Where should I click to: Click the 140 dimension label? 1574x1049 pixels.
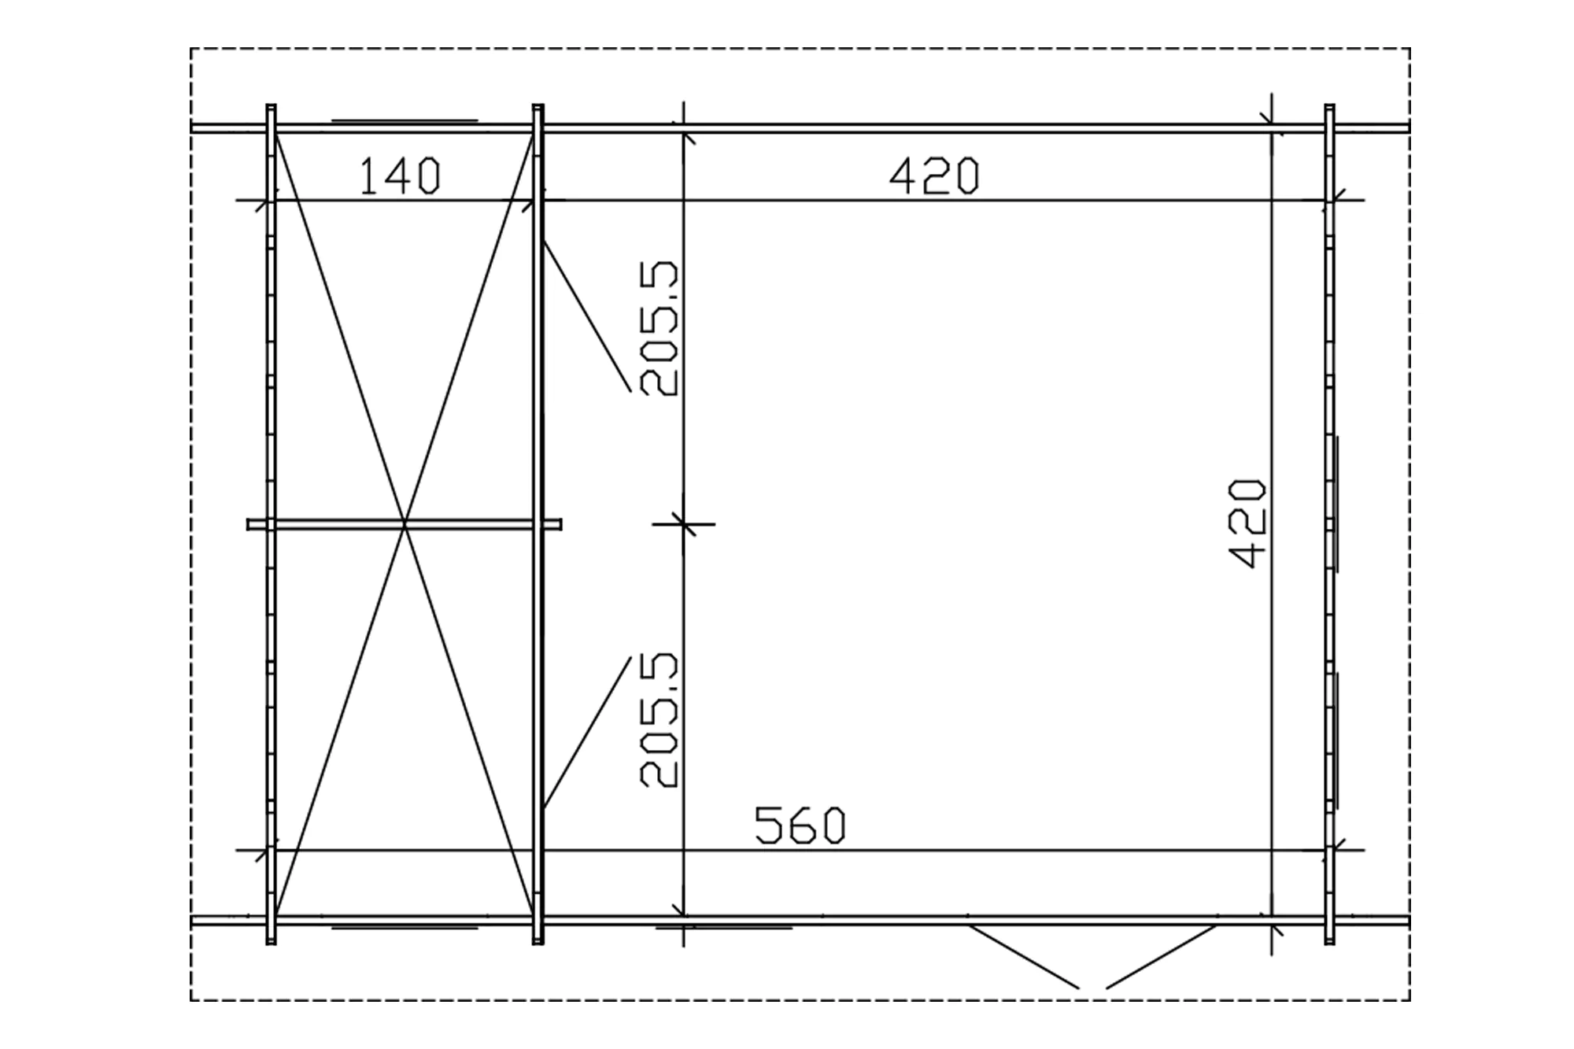pyautogui.click(x=400, y=176)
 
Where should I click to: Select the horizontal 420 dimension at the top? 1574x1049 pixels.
pyautogui.click(x=934, y=176)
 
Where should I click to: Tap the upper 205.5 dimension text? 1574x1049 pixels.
pyautogui.click(x=659, y=328)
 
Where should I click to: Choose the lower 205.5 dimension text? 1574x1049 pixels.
pyautogui.click(x=659, y=719)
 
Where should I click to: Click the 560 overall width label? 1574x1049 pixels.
pyautogui.click(x=800, y=826)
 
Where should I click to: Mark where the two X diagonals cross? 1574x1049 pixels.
pyautogui.click(x=405, y=524)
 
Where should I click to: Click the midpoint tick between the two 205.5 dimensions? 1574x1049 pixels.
pyautogui.click(x=684, y=523)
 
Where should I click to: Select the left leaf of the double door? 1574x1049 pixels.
pyautogui.click(x=1023, y=956)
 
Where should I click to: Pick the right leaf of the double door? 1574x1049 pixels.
pyautogui.click(x=1161, y=956)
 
